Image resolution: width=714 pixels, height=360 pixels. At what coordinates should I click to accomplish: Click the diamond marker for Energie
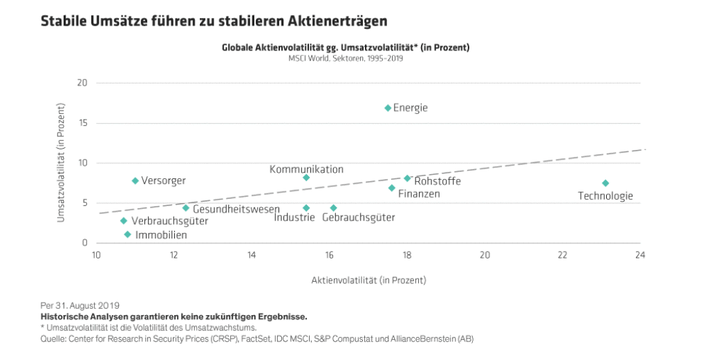tap(388, 108)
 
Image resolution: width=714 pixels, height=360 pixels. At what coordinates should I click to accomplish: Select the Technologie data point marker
tap(605, 183)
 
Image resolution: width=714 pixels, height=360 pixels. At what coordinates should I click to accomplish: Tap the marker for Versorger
tap(135, 180)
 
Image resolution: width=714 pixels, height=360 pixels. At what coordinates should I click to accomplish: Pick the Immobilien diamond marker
tap(127, 234)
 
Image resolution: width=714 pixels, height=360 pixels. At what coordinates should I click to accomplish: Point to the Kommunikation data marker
tap(306, 178)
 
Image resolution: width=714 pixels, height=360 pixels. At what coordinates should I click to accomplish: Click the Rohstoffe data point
tap(407, 178)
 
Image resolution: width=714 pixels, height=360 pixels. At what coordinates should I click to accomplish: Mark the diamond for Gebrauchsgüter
tap(333, 207)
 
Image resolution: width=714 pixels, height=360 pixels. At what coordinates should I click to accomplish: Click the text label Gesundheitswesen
tap(236, 209)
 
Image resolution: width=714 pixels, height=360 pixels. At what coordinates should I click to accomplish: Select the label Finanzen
tap(419, 193)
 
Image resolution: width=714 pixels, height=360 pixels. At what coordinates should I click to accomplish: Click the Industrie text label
tap(294, 218)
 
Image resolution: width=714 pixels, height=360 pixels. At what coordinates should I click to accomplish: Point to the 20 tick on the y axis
tap(83, 83)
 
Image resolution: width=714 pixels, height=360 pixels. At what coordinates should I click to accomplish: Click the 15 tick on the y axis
tap(83, 123)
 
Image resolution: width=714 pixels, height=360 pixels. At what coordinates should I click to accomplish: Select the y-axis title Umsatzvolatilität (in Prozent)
tap(62, 163)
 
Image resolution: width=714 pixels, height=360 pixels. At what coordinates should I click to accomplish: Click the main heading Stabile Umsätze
tap(214, 21)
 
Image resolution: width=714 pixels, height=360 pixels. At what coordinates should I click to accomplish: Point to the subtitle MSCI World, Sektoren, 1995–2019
tap(346, 58)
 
